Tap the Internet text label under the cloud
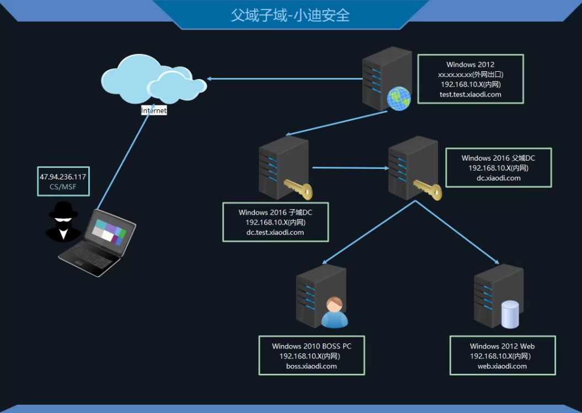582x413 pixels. pyautogui.click(x=154, y=110)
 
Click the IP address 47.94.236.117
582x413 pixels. pyautogui.click(x=63, y=177)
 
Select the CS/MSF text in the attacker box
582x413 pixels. pyautogui.click(x=63, y=187)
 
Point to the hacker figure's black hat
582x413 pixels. pyautogui.click(x=63, y=210)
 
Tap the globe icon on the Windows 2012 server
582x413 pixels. pyautogui.click(x=399, y=99)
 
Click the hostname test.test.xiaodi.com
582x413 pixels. pyautogui.click(x=470, y=94)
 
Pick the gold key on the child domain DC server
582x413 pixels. pyautogui.click(x=298, y=188)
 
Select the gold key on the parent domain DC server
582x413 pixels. pyautogui.click(x=429, y=188)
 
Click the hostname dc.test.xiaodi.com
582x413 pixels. pyautogui.click(x=275, y=232)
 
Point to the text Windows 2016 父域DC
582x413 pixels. pyautogui.click(x=498, y=158)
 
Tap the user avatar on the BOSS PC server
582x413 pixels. pyautogui.click(x=334, y=313)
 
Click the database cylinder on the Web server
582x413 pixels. pyautogui.click(x=510, y=314)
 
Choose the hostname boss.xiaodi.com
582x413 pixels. pyautogui.click(x=311, y=366)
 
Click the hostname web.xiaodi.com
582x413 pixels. pyautogui.click(x=502, y=366)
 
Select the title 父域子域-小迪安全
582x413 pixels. pyautogui.click(x=290, y=14)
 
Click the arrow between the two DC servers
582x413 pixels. pyautogui.click(x=349, y=167)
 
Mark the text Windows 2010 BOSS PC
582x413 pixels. pyautogui.click(x=311, y=346)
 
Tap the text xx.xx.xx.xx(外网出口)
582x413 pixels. pyautogui.click(x=470, y=75)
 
